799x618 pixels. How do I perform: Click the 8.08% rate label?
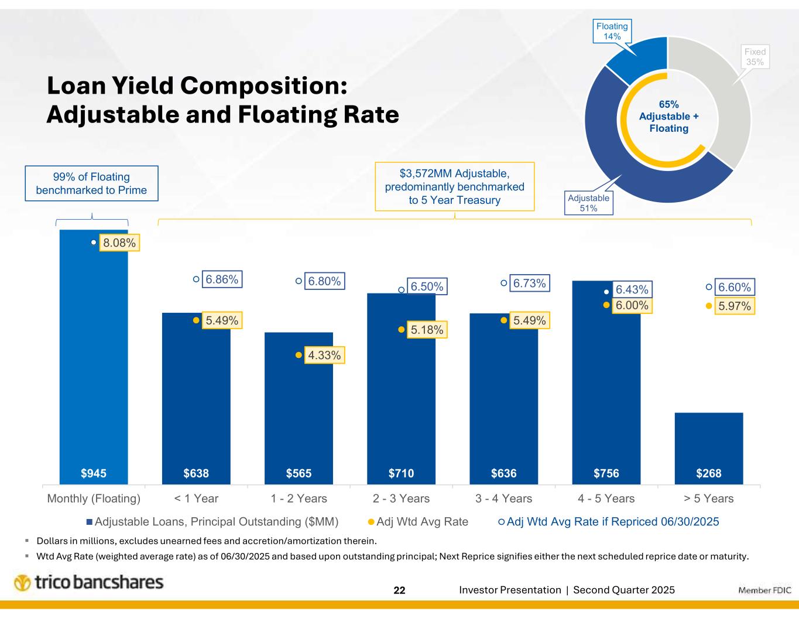click(x=119, y=243)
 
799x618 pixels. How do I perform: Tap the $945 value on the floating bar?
click(x=94, y=473)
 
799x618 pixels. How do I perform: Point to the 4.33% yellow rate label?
click(x=324, y=355)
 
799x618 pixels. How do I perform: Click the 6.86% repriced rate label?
click(x=222, y=279)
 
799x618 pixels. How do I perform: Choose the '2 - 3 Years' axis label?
click(x=401, y=499)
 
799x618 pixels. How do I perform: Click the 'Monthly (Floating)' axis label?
click(x=94, y=499)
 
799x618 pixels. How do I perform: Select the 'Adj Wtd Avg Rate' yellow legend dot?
click(x=371, y=521)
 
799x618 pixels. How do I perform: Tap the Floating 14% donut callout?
click(x=612, y=31)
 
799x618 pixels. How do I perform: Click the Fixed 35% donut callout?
click(x=755, y=57)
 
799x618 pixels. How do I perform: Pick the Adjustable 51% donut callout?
click(x=588, y=203)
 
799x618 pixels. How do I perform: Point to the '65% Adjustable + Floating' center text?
click(x=668, y=116)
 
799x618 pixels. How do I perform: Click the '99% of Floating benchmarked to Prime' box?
click(x=91, y=183)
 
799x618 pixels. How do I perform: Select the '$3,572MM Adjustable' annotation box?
click(x=454, y=186)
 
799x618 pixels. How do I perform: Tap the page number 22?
click(x=399, y=590)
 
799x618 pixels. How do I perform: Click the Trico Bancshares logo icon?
click(x=22, y=583)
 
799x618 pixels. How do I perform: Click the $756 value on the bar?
click(x=606, y=473)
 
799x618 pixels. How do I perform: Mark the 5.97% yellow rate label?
click(x=734, y=306)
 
